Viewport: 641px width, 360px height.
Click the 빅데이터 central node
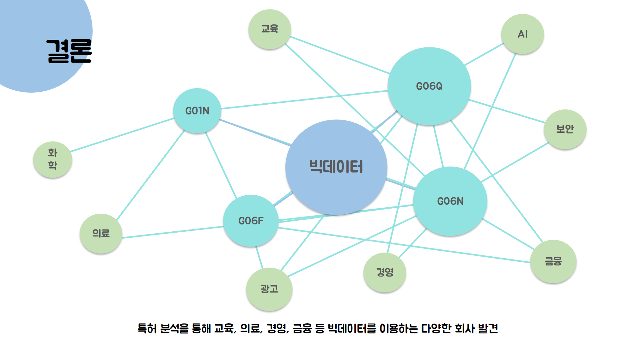tap(336, 167)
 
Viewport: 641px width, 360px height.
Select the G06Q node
tap(429, 86)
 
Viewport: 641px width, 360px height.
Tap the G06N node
tap(450, 201)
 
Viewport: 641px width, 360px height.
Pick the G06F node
tap(251, 221)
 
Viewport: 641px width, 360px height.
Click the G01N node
tap(197, 111)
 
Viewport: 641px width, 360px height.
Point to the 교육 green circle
tap(270, 29)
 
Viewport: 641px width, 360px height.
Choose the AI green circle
tap(522, 34)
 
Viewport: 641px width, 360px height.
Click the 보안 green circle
tap(565, 129)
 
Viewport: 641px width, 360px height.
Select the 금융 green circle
tap(553, 261)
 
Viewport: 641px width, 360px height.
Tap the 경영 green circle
tap(385, 272)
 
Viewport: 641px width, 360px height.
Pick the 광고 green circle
tap(269, 289)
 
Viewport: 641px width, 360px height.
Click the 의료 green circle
tap(101, 234)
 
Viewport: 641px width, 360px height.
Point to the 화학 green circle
tap(53, 159)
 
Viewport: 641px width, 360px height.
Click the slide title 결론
tap(69, 51)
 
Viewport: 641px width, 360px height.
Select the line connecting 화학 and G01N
tap(122, 135)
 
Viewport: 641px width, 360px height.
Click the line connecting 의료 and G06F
tap(173, 232)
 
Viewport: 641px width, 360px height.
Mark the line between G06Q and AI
tap(484, 54)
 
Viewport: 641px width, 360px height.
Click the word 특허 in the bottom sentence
tap(147, 328)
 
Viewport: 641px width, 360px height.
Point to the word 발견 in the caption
tap(488, 328)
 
